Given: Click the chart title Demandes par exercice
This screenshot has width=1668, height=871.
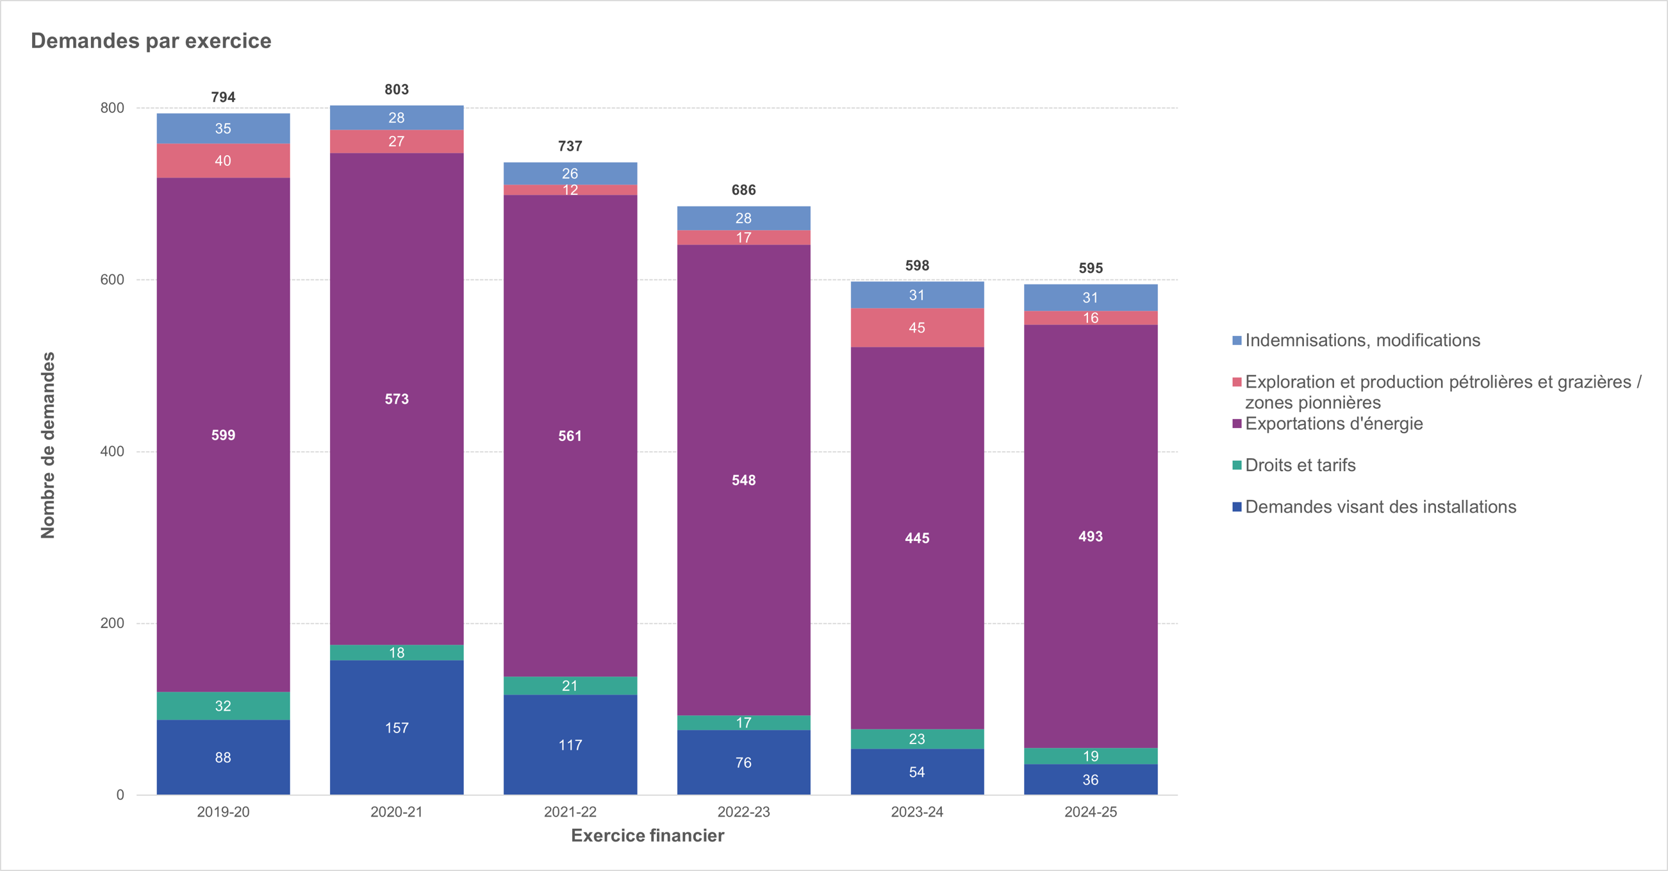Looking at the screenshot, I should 151,41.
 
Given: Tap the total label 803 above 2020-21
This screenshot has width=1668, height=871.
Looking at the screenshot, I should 396,89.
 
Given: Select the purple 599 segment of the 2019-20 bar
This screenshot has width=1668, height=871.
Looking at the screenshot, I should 223,435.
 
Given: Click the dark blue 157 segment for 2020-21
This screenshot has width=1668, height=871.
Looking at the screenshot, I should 396,727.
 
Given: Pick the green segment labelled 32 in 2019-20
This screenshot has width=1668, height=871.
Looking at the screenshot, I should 223,705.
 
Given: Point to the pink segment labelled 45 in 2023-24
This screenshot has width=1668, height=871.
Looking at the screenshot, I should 917,328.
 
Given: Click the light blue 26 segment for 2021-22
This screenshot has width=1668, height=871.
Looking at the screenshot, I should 570,173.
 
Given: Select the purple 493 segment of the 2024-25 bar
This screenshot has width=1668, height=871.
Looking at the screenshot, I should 1091,536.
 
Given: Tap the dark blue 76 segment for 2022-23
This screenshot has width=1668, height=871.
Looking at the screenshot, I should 743,762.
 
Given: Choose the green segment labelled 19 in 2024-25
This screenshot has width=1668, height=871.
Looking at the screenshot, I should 1091,756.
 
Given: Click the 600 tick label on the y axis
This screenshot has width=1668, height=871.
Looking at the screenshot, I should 112,279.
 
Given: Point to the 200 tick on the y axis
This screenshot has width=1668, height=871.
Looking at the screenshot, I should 112,623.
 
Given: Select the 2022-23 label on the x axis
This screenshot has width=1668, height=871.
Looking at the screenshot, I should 743,811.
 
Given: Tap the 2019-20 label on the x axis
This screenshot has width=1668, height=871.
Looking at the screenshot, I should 223,811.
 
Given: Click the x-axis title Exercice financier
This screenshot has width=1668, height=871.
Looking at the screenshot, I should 647,835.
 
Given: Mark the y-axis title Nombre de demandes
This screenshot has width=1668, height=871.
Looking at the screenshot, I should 48,445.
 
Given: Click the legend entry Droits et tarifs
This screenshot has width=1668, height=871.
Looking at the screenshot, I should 1300,465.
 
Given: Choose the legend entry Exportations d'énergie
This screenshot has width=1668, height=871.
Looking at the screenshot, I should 1334,424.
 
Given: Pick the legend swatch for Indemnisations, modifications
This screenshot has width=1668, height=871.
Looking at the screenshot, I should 1237,340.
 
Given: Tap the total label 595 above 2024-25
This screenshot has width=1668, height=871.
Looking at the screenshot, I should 1091,268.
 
